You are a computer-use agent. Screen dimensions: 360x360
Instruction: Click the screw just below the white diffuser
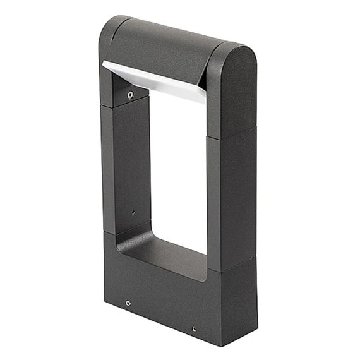point(130,95)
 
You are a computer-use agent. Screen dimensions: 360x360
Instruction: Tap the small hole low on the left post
point(133,212)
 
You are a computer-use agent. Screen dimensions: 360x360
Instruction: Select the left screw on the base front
point(128,303)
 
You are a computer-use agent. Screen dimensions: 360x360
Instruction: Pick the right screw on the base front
point(193,329)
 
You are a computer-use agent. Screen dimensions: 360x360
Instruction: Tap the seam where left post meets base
point(109,232)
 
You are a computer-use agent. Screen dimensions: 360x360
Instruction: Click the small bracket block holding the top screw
point(130,93)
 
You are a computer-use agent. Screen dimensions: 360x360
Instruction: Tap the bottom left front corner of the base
point(105,297)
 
